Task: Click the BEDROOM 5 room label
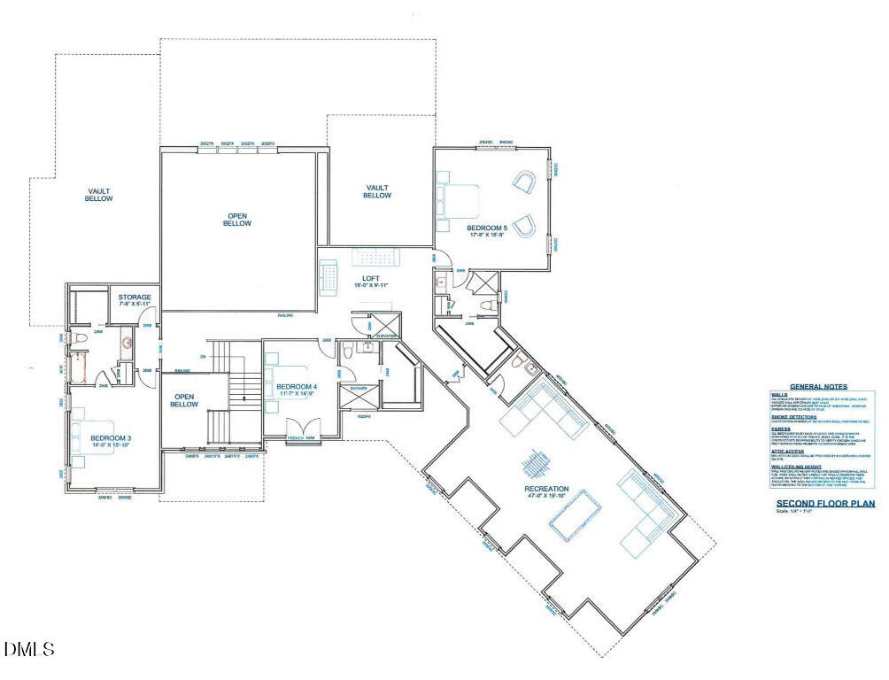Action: point(487,228)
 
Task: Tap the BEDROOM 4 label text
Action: point(296,387)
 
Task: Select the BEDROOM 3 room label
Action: point(111,437)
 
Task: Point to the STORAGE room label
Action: point(135,297)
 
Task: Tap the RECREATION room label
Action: point(546,489)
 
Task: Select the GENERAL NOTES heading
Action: point(818,387)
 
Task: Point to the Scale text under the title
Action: point(794,512)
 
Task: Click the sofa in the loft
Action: point(329,276)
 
